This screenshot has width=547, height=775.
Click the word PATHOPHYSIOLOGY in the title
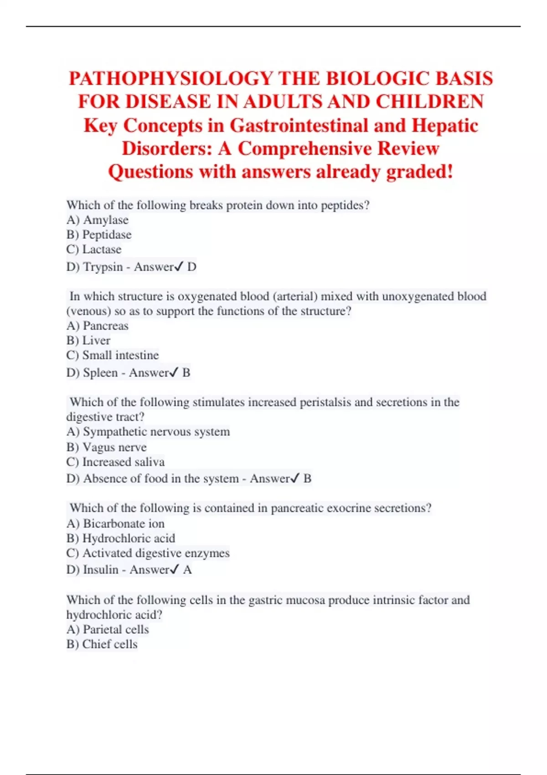169,78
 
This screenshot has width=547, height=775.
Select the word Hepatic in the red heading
444,126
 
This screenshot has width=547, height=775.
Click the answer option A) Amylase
98,220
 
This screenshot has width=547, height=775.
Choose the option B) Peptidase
99,235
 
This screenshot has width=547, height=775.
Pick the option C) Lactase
94,249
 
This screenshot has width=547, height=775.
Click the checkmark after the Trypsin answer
179,267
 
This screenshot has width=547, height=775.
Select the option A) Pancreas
98,326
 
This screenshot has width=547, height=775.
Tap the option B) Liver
88,341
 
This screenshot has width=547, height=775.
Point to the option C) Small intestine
113,355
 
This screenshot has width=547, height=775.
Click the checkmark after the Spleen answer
174,373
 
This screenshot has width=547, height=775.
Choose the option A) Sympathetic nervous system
148,432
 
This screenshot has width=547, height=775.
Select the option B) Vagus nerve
107,447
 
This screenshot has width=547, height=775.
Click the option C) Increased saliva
115,462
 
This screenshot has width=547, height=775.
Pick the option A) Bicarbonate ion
115,524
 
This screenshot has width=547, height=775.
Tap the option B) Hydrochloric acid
121,538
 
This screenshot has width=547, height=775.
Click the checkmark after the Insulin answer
174,570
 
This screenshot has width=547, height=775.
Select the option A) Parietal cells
108,630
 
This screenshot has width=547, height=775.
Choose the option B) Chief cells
102,644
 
